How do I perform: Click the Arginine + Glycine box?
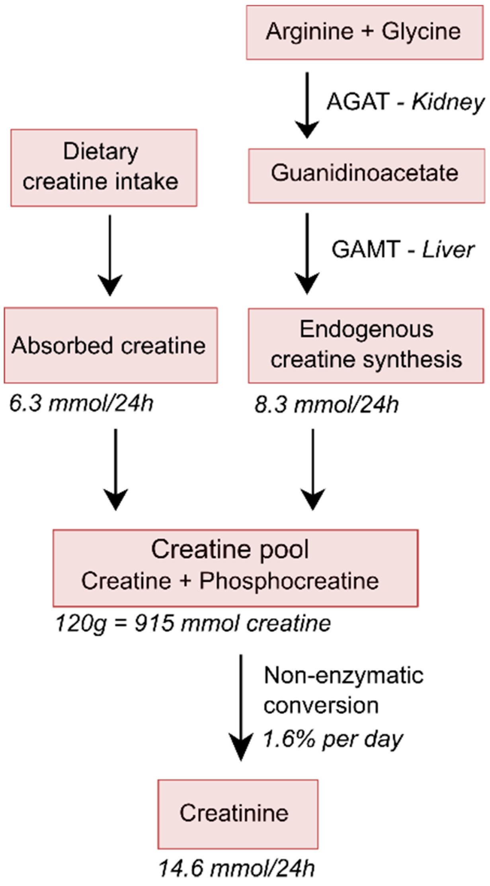click(x=364, y=33)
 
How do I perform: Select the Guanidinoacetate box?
click(x=366, y=175)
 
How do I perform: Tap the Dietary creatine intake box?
click(x=103, y=167)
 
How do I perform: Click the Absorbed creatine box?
click(x=110, y=345)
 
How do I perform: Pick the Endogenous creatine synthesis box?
click(x=366, y=345)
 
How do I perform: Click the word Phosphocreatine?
click(x=289, y=581)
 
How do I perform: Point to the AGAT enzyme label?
click(x=357, y=102)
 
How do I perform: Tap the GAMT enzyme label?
click(x=365, y=250)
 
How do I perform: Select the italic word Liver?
click(x=448, y=250)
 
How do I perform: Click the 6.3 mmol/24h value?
click(x=81, y=404)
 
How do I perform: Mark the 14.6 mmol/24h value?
click(x=236, y=869)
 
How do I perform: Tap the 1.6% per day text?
click(x=333, y=740)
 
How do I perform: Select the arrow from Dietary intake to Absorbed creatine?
click(x=110, y=255)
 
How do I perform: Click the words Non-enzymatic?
click(x=344, y=675)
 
